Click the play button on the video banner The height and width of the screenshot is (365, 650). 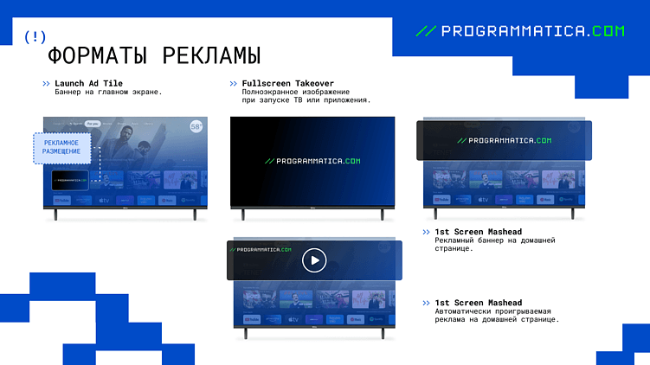[314, 259]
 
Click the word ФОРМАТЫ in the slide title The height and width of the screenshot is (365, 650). [96, 55]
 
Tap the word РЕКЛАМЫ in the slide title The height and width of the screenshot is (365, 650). [208, 55]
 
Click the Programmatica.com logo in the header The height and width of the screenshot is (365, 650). [520, 31]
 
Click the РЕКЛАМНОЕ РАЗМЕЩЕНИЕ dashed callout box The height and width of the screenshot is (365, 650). [61, 147]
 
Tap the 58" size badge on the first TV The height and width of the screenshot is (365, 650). [196, 126]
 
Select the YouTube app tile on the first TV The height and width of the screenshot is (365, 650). [62, 201]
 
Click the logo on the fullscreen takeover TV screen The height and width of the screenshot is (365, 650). [312, 161]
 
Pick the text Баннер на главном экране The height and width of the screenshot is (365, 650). [108, 92]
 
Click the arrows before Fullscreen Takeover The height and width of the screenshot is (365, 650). [234, 83]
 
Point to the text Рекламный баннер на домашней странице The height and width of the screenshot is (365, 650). [494, 244]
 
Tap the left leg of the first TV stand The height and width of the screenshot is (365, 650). [56, 215]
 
